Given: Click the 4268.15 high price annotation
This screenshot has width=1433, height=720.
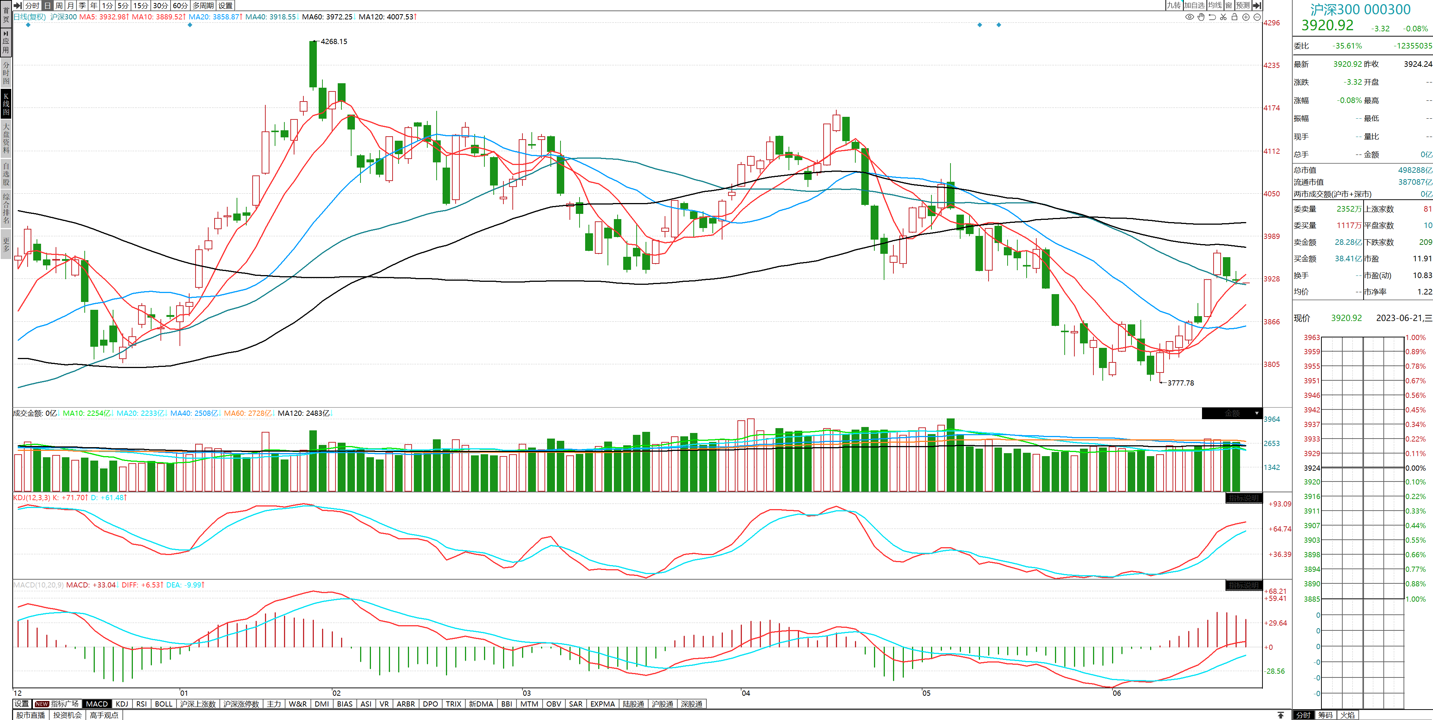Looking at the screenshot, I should [334, 42].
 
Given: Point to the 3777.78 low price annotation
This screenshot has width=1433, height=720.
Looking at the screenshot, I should [1180, 383].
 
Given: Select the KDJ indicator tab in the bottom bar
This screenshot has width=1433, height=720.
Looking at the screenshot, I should [122, 704].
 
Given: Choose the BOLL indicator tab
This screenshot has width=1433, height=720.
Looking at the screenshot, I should [163, 704].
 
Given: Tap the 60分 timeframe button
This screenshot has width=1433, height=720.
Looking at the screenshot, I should [180, 6].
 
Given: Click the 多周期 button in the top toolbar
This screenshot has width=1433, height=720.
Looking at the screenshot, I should [203, 6].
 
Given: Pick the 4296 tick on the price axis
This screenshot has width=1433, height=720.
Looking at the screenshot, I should [1272, 23].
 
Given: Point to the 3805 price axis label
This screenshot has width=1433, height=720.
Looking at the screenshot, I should [1272, 364].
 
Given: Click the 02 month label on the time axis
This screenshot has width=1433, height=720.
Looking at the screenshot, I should [337, 693].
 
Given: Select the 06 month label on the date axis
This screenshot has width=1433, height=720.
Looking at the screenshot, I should [1117, 693].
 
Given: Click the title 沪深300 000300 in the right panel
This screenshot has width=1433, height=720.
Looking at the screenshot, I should [1360, 9].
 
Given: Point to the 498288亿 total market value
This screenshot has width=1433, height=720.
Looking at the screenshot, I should [1415, 170].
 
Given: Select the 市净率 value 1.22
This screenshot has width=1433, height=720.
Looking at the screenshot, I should [1424, 292].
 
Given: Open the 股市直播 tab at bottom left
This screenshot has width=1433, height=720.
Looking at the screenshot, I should [31, 715].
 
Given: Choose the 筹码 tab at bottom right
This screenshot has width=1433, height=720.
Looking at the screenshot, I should [1325, 715].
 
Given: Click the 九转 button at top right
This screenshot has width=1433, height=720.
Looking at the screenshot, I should [1174, 5].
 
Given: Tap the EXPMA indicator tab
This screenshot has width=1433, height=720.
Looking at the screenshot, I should [602, 704].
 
